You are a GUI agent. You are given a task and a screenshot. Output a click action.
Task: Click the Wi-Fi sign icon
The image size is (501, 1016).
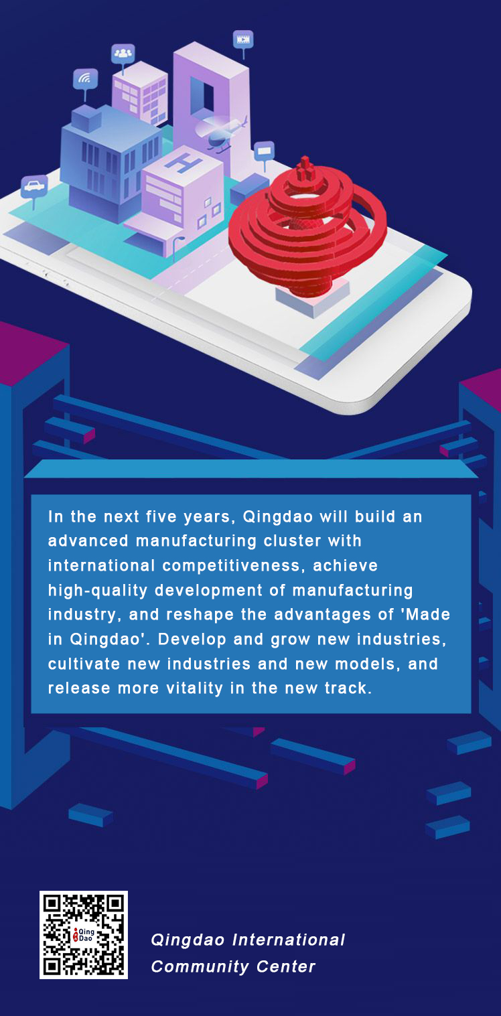(x=85, y=80)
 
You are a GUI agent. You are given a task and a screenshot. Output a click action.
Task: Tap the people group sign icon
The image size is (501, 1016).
(x=123, y=54)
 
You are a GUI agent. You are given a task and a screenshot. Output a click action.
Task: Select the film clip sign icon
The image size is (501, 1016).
(x=243, y=40)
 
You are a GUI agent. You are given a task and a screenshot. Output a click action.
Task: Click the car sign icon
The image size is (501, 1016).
(x=34, y=186)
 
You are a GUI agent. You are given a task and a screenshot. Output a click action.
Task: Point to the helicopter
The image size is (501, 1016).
(x=222, y=131)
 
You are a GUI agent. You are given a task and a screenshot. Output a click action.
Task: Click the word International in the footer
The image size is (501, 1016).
(x=289, y=940)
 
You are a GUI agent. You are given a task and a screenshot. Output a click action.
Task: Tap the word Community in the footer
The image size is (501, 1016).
(x=200, y=966)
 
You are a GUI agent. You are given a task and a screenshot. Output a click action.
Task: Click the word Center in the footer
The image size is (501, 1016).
(x=286, y=966)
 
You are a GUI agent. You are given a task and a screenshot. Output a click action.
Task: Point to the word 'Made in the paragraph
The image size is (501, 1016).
(x=427, y=614)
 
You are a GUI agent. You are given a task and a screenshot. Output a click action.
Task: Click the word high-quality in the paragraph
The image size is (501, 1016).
(x=98, y=590)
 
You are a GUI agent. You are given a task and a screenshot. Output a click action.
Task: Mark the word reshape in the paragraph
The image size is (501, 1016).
(x=200, y=615)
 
